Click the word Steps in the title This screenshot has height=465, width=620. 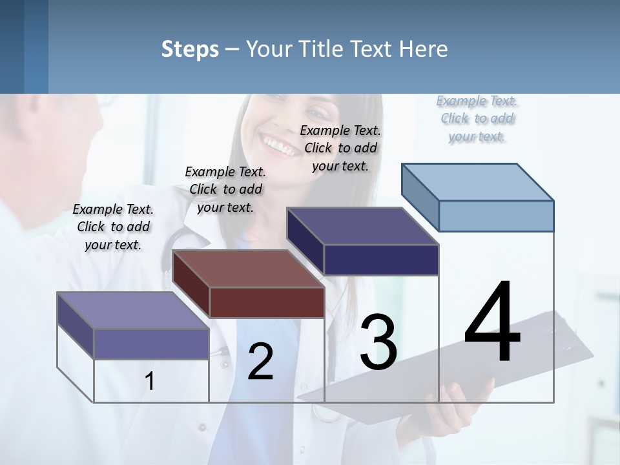click(x=190, y=49)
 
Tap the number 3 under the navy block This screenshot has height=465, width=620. click(x=378, y=342)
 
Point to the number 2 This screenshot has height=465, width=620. click(x=260, y=362)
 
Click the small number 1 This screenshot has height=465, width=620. click(x=150, y=381)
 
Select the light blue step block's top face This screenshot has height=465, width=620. click(x=478, y=181)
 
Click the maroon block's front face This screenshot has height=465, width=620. click(x=267, y=302)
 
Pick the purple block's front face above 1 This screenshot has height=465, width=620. click(x=151, y=344)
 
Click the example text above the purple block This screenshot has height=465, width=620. click(x=113, y=227)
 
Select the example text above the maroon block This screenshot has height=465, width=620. click(x=225, y=189)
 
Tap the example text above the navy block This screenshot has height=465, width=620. click(x=340, y=148)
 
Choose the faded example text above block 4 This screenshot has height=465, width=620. click(x=477, y=118)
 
